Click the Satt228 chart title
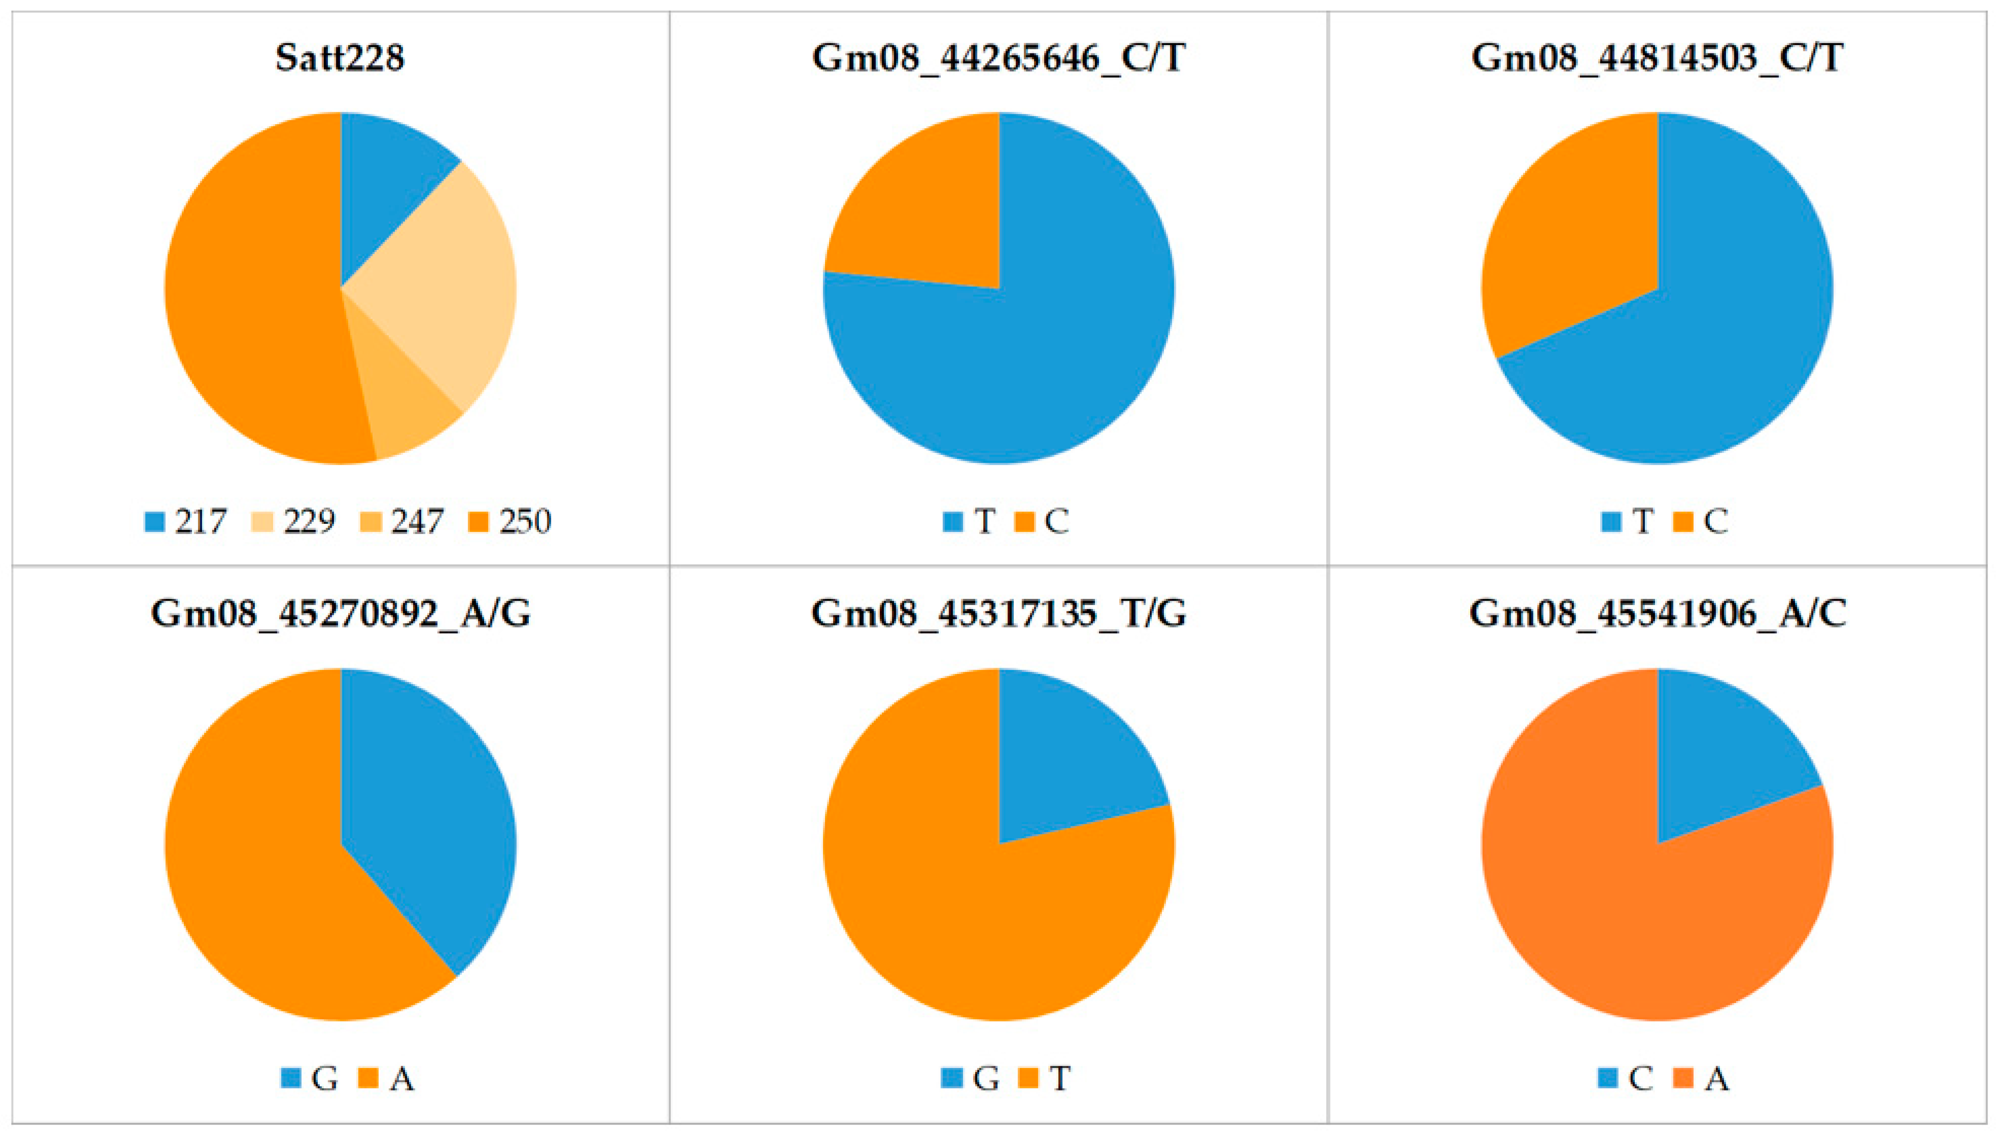[340, 58]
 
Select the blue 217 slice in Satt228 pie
[383, 187]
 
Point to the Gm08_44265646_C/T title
[999, 58]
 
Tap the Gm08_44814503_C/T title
[1657, 58]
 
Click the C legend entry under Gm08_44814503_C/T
[1702, 522]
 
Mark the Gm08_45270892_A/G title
[340, 613]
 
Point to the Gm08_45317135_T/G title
[999, 613]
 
